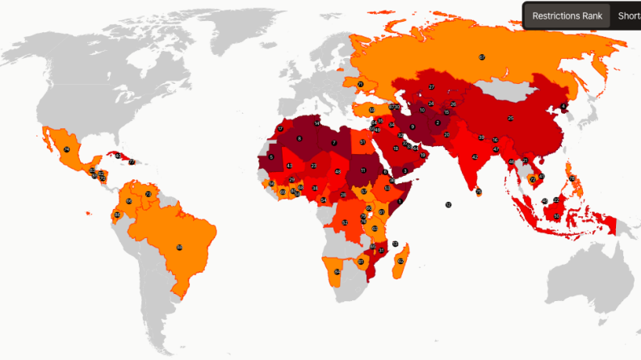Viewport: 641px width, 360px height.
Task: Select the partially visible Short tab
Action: click(628, 15)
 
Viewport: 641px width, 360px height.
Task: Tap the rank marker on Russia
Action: click(482, 57)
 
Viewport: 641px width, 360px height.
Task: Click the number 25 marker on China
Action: click(510, 119)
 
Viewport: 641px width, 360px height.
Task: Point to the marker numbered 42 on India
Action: click(475, 157)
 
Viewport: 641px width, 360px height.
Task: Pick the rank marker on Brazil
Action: click(179, 247)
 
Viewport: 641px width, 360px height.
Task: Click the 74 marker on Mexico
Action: click(67, 149)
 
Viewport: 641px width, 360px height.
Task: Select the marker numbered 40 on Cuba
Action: click(118, 155)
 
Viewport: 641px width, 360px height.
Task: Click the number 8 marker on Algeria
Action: click(300, 139)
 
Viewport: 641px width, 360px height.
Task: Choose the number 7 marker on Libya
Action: click(333, 143)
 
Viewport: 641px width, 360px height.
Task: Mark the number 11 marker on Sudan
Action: click(364, 170)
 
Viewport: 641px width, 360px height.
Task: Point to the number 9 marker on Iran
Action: click(413, 127)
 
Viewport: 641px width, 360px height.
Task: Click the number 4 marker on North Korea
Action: click(562, 107)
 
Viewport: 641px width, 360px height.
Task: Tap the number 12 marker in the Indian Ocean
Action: click(448, 205)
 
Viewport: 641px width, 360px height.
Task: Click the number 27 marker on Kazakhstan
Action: click(432, 87)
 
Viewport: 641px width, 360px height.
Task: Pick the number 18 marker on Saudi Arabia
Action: click(396, 149)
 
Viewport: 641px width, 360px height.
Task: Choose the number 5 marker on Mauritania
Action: click(271, 157)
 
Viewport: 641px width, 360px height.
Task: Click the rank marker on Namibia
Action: click(337, 272)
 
